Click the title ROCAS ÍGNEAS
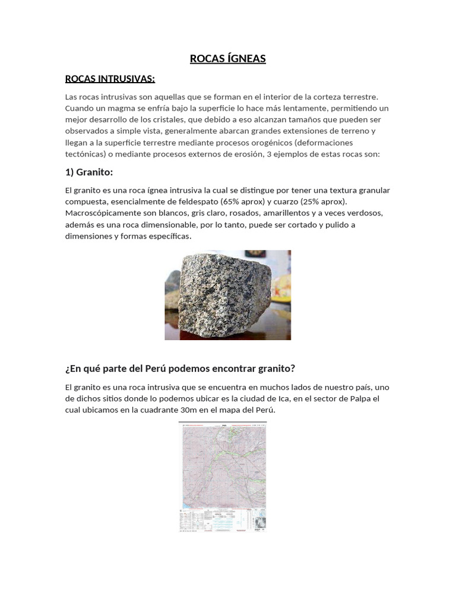[x=227, y=58]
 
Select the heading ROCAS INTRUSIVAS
[x=109, y=79]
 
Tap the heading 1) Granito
[x=88, y=172]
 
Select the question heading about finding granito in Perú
[x=180, y=368]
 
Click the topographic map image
[x=223, y=476]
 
